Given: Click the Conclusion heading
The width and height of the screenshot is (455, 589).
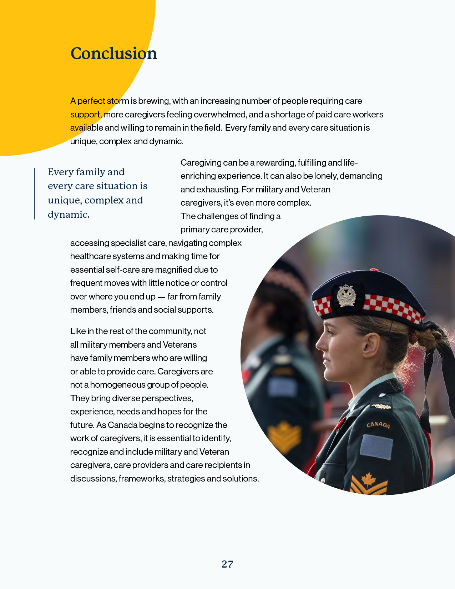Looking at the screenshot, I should (x=113, y=54).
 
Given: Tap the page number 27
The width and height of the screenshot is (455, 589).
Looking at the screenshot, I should (x=227, y=564).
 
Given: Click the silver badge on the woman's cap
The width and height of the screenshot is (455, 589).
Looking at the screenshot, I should (x=346, y=296).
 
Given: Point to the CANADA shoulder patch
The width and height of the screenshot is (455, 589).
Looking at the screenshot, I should (x=378, y=424).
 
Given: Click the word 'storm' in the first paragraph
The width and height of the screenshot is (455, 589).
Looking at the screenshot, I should (x=118, y=101).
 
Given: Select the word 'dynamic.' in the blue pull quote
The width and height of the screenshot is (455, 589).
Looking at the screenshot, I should (x=69, y=215).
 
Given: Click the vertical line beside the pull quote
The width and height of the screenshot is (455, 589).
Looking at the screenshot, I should (x=35, y=193).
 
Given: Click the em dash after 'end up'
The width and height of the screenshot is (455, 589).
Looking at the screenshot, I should (x=161, y=297).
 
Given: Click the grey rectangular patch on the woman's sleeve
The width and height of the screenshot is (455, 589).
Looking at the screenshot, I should (x=376, y=447).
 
